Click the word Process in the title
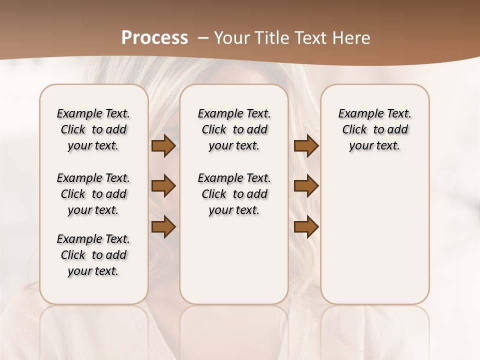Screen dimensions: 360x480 pos(154,38)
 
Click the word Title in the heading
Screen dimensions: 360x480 pos(269,38)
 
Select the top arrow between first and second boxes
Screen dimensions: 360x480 pos(163,146)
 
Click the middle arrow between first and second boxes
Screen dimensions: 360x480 pos(163,186)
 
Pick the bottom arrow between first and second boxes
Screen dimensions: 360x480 pos(163,226)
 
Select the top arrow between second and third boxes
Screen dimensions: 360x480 pos(306,146)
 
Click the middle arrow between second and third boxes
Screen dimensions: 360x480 pos(306,186)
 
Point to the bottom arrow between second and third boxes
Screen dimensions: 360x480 pos(306,227)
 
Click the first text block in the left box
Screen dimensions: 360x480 pos(93,129)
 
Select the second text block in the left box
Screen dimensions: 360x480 pos(93,194)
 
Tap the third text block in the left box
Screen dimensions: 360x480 pos(93,255)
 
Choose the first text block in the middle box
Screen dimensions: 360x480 pos(234,129)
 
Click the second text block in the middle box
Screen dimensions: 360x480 pos(234,194)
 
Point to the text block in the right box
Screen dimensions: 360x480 pos(375,129)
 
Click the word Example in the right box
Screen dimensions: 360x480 pos(356,114)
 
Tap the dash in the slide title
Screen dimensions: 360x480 pos(203,38)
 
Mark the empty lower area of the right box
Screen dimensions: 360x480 pos(375,235)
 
